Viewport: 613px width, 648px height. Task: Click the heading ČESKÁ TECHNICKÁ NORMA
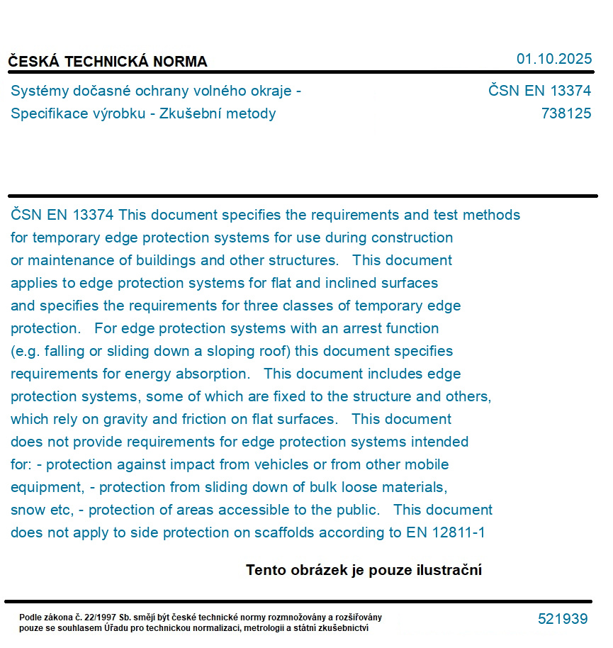coord(108,62)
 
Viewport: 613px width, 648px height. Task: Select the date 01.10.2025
coord(553,59)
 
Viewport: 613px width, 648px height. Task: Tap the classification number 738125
coord(566,113)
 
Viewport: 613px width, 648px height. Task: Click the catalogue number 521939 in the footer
coord(563,619)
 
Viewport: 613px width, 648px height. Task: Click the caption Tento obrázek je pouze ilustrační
coord(364,570)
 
